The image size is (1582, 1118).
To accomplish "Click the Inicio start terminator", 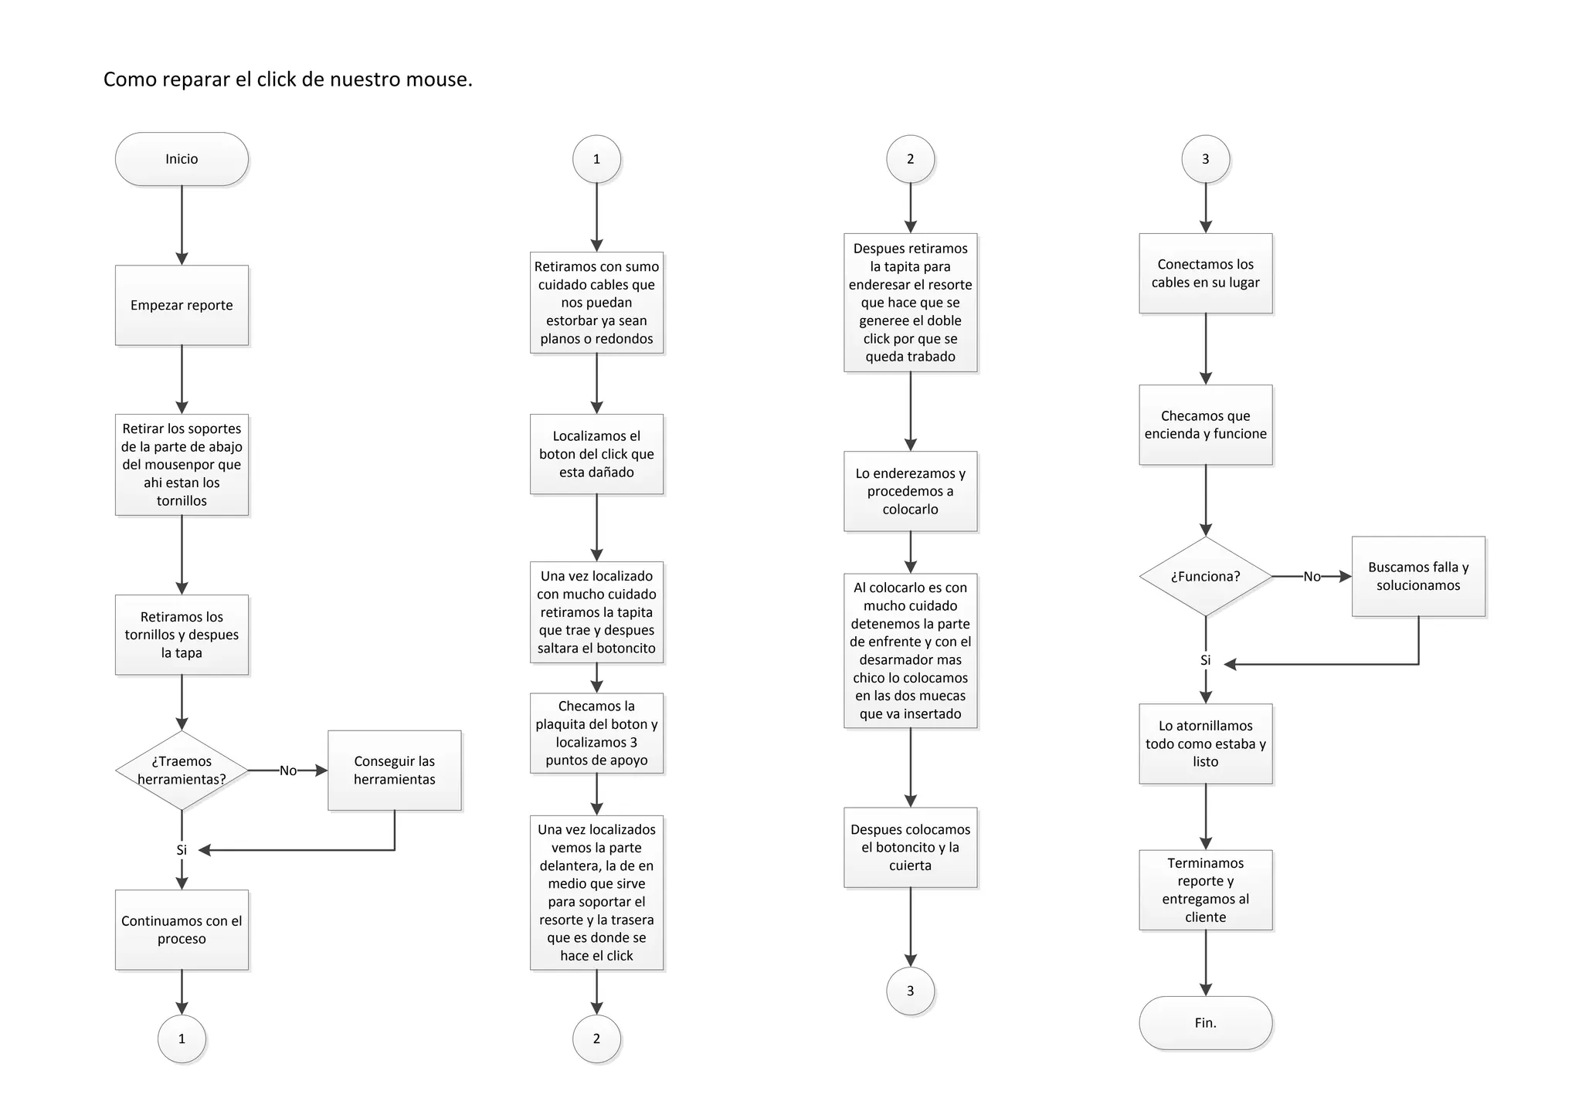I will coord(182,159).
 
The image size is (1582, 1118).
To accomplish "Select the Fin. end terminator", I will coord(1205,1022).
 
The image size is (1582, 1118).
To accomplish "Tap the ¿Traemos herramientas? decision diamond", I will coord(182,771).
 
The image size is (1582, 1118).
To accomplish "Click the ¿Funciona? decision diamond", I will coord(1205,576).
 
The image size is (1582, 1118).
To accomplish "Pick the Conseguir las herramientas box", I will coord(394,771).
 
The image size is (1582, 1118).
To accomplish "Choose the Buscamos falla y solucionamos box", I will coord(1418,576).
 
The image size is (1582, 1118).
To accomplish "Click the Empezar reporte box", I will coord(182,305).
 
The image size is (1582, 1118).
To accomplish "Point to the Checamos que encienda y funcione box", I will coord(1205,425).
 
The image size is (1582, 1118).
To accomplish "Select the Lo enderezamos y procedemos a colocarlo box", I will coord(910,491).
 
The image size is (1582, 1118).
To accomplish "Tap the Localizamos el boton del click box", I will coord(596,454).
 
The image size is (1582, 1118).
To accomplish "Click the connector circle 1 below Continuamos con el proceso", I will coord(182,1038).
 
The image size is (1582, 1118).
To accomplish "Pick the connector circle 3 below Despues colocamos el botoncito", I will coord(910,991).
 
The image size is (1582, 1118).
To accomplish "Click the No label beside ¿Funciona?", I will coord(1312,577).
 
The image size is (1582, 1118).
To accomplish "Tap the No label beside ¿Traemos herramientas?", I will coord(288,771).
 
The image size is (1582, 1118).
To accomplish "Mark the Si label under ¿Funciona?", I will coord(1205,660).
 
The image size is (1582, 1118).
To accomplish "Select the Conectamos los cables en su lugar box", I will coord(1205,273).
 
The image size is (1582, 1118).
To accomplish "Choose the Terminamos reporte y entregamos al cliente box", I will coord(1205,889).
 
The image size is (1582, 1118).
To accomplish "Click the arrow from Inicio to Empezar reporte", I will coord(182,225).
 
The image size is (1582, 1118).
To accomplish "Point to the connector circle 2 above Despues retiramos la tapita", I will coord(910,159).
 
